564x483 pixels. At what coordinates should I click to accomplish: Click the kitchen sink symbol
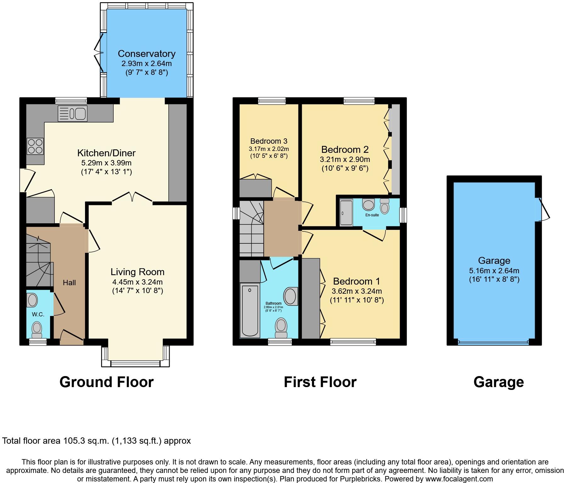click(72, 114)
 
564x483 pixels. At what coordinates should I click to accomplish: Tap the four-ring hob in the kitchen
click(35, 146)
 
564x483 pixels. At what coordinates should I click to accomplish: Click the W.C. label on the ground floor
click(38, 314)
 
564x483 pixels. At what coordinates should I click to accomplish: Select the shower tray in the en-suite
click(346, 213)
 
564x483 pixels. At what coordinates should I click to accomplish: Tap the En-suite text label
click(372, 215)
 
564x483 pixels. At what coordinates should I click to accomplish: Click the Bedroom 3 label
click(269, 141)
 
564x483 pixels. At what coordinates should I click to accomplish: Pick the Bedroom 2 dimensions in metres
click(345, 159)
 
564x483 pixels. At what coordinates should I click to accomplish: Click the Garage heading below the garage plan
click(499, 382)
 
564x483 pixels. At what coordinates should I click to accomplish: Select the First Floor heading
click(320, 382)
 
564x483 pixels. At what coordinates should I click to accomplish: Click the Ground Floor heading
click(106, 382)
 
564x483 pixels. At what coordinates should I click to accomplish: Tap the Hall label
click(69, 283)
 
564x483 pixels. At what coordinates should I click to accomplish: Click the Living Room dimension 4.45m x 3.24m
click(138, 282)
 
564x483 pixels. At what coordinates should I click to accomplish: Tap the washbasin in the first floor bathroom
click(290, 296)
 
